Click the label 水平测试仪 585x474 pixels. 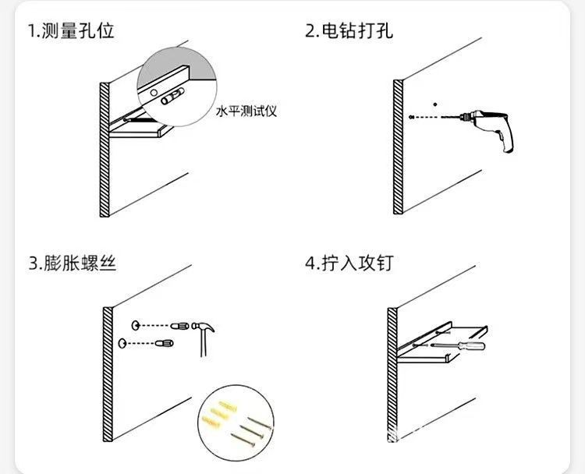(247, 111)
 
